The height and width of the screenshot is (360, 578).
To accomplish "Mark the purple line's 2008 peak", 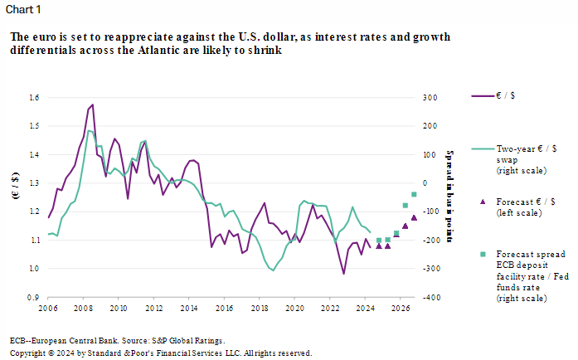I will tap(92, 105).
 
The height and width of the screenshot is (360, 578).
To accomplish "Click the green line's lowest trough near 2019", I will tap(273, 270).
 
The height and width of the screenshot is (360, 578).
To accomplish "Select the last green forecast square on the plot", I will tap(414, 194).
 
